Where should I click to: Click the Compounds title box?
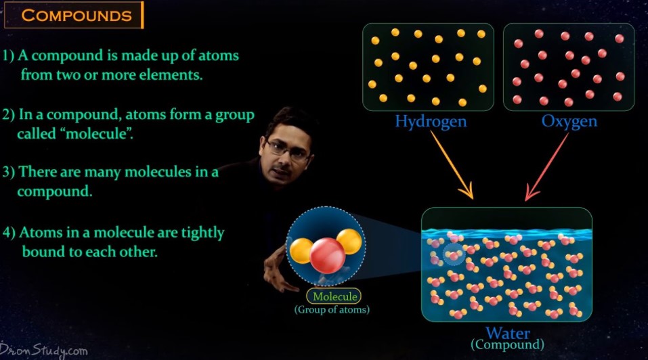coord(74,16)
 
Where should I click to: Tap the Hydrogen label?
coord(431,122)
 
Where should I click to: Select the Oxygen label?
coord(569,122)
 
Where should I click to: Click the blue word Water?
coord(507,333)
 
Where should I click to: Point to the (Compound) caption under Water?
coord(507,344)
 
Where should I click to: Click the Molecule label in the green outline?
coord(334,296)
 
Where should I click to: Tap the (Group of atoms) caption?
coord(332,309)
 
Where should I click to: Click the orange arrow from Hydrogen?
coord(451,164)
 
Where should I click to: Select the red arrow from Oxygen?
coord(546,167)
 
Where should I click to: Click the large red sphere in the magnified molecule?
coord(327,255)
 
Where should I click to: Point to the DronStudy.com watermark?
coord(43,350)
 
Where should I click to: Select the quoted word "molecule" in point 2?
coord(100,134)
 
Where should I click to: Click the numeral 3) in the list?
coord(9,172)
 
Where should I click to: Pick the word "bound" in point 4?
coord(44,252)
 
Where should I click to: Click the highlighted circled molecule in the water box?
coord(454,254)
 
